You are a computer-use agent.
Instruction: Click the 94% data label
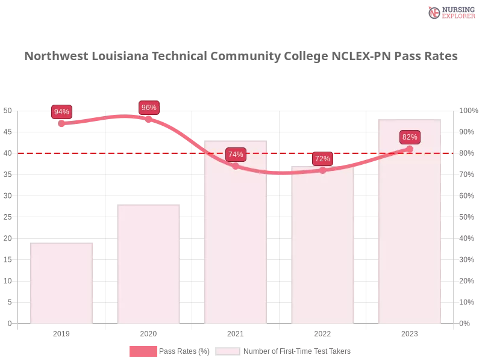tap(61, 112)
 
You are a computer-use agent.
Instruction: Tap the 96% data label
tap(149, 108)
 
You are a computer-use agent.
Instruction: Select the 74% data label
tap(236, 155)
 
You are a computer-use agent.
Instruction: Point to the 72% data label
tap(322, 159)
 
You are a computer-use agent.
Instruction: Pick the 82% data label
tap(410, 137)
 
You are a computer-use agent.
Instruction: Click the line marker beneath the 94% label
tap(62, 123)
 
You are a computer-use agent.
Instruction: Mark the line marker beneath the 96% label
tap(149, 119)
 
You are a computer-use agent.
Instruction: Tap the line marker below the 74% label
tap(236, 166)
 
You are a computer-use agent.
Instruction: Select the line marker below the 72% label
tap(322, 170)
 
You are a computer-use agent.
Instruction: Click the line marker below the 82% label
tap(410, 149)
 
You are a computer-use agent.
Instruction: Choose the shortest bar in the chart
tap(63, 283)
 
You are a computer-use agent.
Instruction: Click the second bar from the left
tap(149, 265)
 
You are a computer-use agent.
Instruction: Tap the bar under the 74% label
tap(236, 241)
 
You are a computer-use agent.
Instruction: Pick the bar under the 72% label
tap(323, 247)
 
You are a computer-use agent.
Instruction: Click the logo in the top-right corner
tap(450, 13)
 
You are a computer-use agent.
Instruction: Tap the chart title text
tap(241, 57)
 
